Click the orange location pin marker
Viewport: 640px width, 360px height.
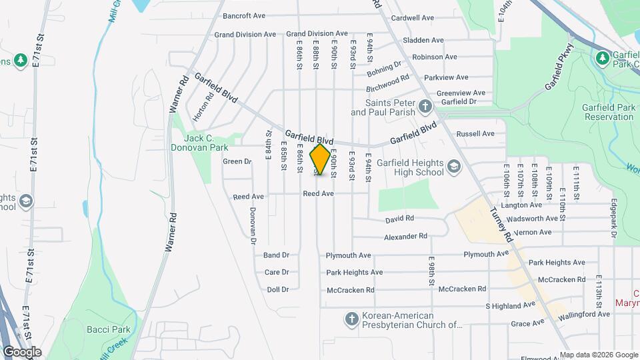321,159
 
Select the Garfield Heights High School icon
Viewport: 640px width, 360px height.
453,166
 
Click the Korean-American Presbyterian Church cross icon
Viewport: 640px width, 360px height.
351,320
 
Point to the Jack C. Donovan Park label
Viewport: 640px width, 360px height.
206,142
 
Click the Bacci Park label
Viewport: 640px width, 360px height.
99,329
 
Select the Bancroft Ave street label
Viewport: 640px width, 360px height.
244,15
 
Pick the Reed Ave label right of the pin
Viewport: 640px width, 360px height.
318,193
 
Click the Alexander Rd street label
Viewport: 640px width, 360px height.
405,237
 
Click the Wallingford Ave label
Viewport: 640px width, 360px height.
584,314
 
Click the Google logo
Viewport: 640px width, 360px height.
21,352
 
